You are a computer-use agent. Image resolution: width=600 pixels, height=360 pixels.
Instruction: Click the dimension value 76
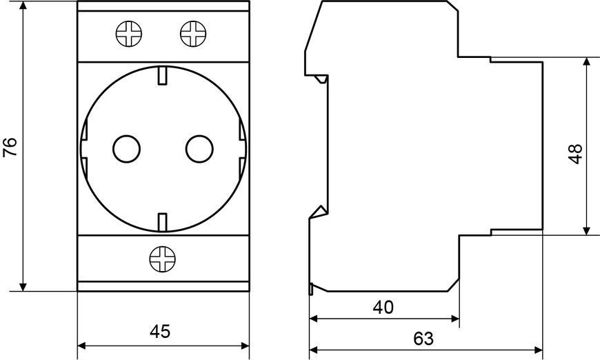[x=10, y=147]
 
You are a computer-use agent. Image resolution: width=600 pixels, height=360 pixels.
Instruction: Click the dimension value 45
[x=160, y=331]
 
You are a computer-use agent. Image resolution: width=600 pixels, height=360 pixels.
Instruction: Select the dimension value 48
[x=576, y=154]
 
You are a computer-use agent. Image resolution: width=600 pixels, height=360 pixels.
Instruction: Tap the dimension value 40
[x=383, y=307]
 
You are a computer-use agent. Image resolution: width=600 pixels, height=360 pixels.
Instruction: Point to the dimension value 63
[x=423, y=339]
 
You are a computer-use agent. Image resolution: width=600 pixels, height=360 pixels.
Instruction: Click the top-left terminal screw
[x=128, y=34]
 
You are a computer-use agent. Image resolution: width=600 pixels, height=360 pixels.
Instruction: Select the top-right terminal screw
[x=193, y=34]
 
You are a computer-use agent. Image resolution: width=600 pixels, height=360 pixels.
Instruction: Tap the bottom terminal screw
[x=162, y=259]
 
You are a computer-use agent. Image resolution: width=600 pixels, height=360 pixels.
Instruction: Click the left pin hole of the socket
[x=126, y=149]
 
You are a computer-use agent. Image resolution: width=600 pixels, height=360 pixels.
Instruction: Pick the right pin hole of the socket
[x=199, y=149]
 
